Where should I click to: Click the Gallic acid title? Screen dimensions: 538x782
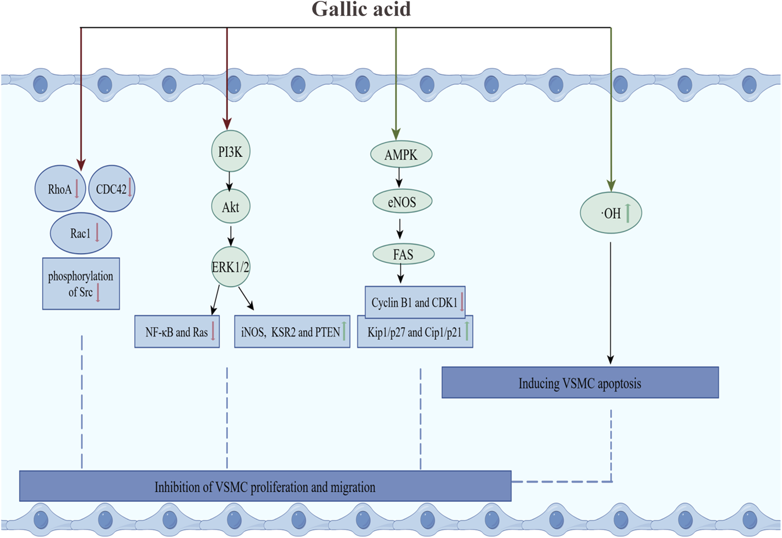[x=361, y=9]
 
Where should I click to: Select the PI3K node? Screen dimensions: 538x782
[x=230, y=151]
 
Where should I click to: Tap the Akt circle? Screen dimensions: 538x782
[x=230, y=207]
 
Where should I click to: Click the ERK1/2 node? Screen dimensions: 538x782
[x=230, y=267]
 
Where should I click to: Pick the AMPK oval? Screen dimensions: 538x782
[x=401, y=154]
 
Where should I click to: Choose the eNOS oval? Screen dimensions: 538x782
[x=402, y=202]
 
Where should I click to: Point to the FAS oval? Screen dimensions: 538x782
[x=403, y=254]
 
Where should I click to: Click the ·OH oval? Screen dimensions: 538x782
[x=610, y=213]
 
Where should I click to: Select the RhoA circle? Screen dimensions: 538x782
[x=60, y=189]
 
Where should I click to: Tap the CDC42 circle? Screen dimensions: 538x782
[x=111, y=189]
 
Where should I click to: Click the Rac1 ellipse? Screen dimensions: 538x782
[x=81, y=233]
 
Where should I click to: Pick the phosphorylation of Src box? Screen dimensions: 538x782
[x=81, y=283]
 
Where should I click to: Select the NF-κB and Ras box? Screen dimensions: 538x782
[x=177, y=332]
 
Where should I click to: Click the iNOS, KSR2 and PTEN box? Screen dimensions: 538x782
[x=292, y=332]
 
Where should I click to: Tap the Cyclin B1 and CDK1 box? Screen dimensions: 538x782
[x=414, y=302]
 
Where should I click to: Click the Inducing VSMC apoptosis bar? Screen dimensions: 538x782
[x=580, y=383]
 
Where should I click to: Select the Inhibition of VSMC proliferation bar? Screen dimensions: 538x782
[x=265, y=486]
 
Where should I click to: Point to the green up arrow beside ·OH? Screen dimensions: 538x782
[x=628, y=213]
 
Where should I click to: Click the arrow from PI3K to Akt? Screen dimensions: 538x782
[x=229, y=181]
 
